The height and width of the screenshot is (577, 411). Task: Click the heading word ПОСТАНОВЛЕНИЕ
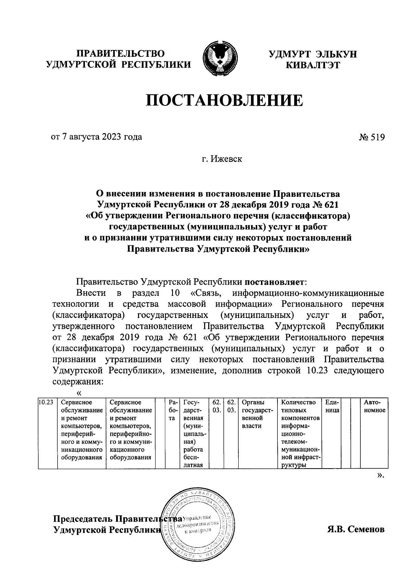tap(225, 101)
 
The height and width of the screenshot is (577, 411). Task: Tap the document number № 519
tap(372, 138)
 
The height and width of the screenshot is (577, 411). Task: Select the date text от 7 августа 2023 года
tap(96, 137)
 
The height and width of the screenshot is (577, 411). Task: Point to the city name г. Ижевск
tap(222, 159)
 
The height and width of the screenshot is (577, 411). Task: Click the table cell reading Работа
tap(172, 410)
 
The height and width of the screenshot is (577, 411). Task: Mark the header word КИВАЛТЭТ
tap(313, 65)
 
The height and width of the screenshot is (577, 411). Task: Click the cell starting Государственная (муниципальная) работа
tap(194, 433)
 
